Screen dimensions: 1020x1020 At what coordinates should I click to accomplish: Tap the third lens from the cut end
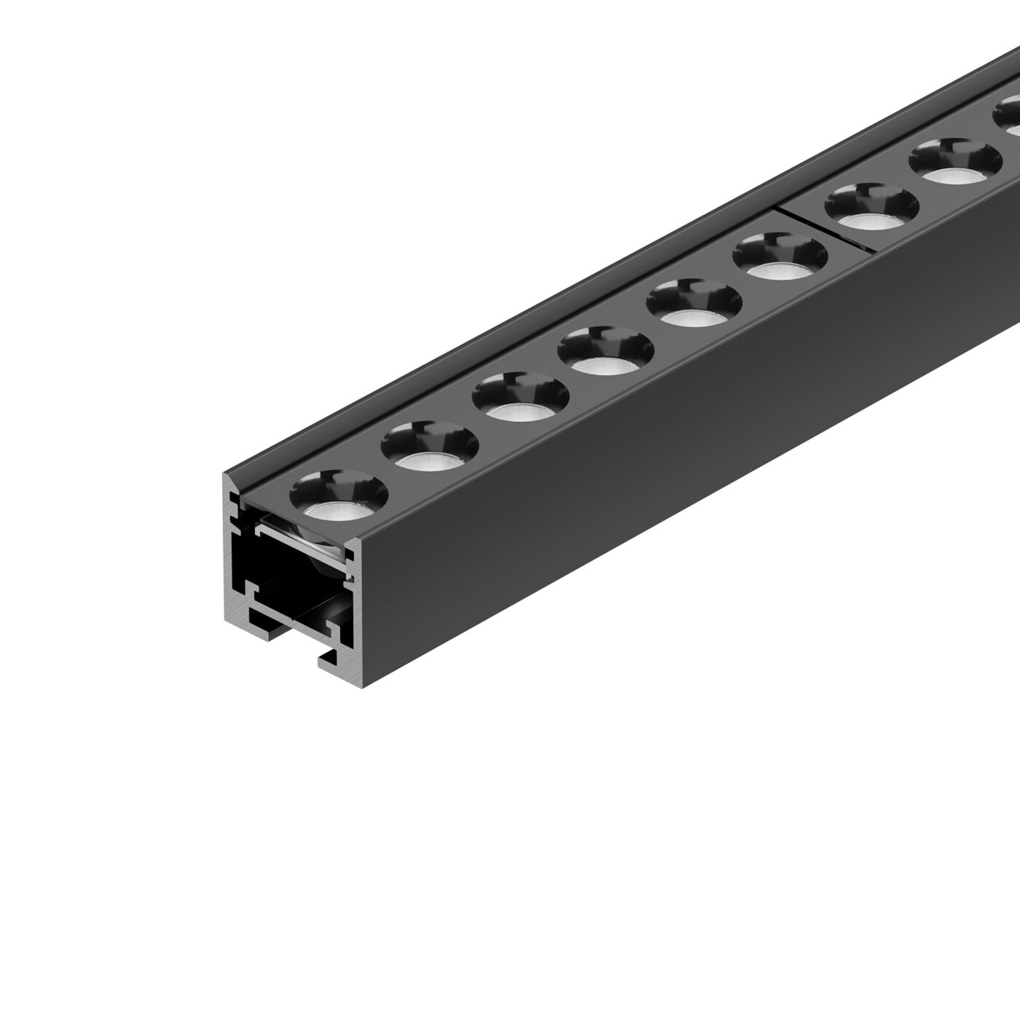tap(519, 403)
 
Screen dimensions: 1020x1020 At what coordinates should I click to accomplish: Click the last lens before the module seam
tap(780, 262)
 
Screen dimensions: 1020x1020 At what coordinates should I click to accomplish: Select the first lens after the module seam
tap(871, 211)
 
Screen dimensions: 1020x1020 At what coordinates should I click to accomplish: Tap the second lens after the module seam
tap(955, 163)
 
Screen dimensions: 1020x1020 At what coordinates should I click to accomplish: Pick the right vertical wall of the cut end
tap(354, 597)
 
